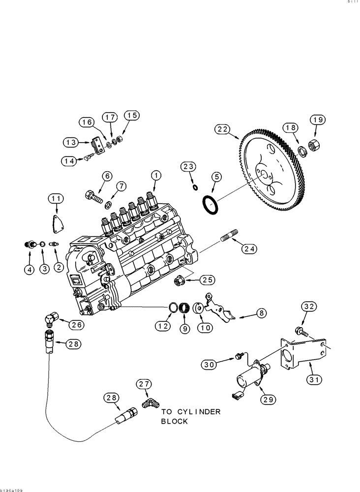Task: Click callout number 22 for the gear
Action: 222,129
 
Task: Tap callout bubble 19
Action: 317,120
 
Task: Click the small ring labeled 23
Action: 195,187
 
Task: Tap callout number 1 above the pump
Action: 156,175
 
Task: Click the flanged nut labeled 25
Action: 179,281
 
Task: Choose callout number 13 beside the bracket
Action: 70,143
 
